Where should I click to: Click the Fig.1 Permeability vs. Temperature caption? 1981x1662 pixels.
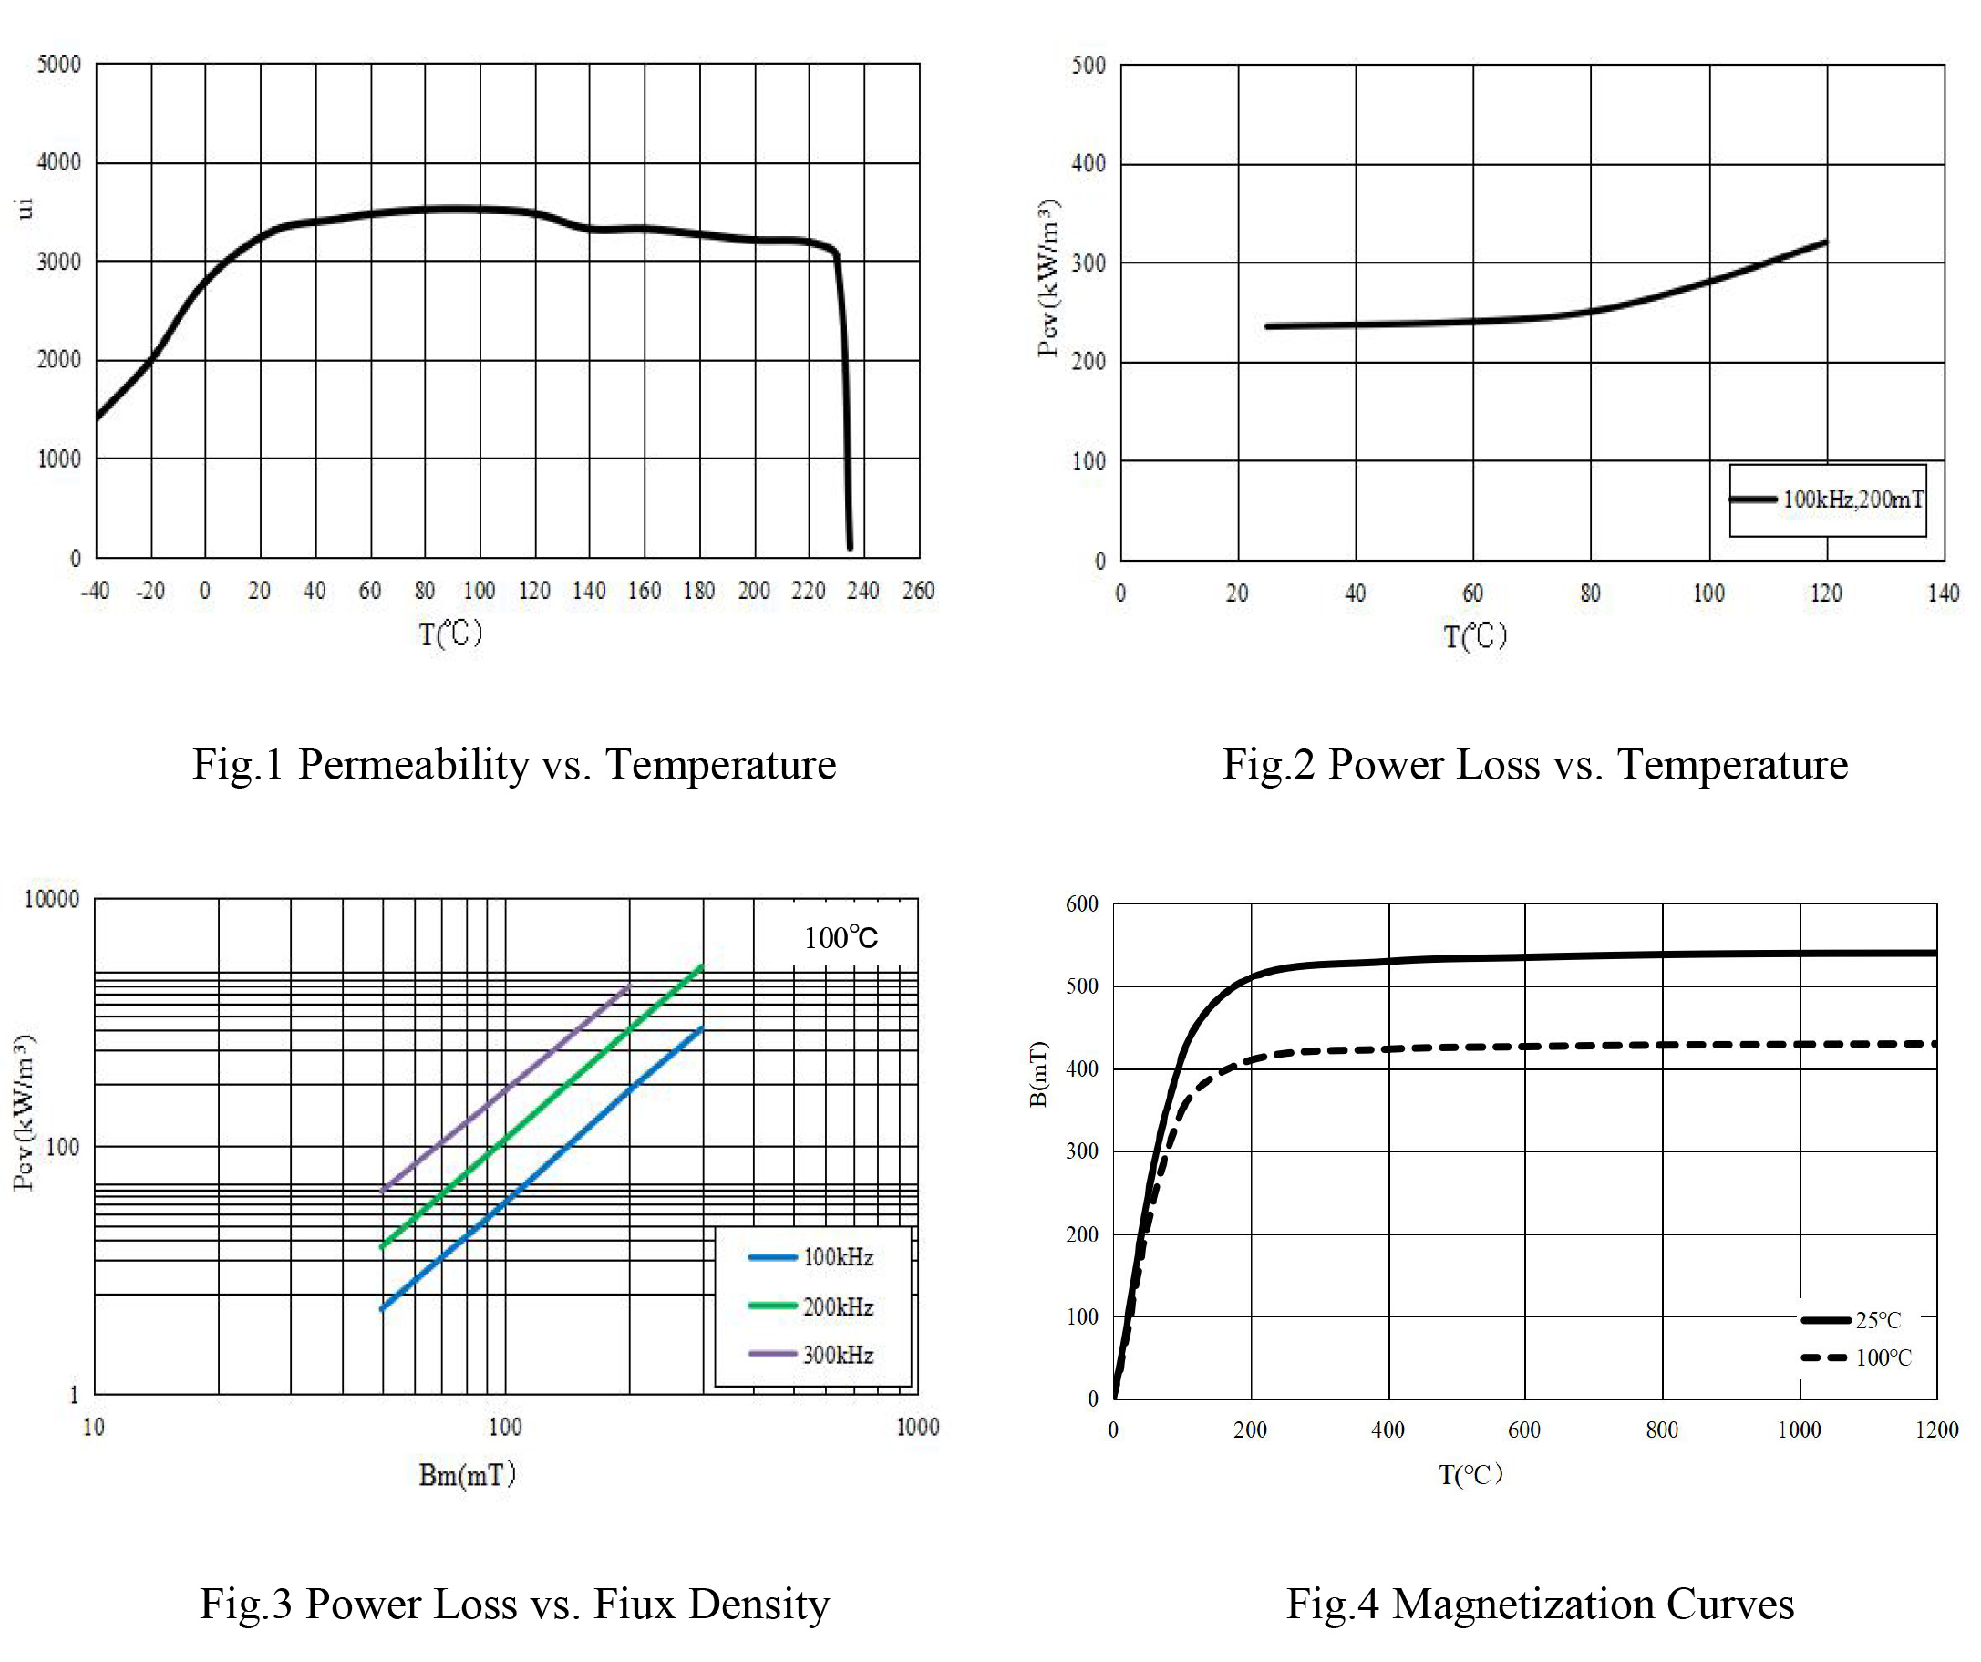click(514, 764)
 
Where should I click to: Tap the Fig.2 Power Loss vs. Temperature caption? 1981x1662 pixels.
click(1535, 764)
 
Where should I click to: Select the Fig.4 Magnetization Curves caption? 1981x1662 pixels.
click(1540, 1604)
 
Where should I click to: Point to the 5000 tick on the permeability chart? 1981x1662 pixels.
click(58, 65)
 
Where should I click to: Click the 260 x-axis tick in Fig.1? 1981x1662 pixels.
click(918, 592)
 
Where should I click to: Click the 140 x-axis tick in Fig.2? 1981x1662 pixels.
click(1944, 594)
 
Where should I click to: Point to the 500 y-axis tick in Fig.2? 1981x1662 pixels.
click(1089, 65)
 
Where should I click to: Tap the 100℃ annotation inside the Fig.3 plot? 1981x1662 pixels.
click(841, 937)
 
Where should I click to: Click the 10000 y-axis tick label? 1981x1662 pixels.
click(52, 899)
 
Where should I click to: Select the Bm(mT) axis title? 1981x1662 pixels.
click(467, 1474)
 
